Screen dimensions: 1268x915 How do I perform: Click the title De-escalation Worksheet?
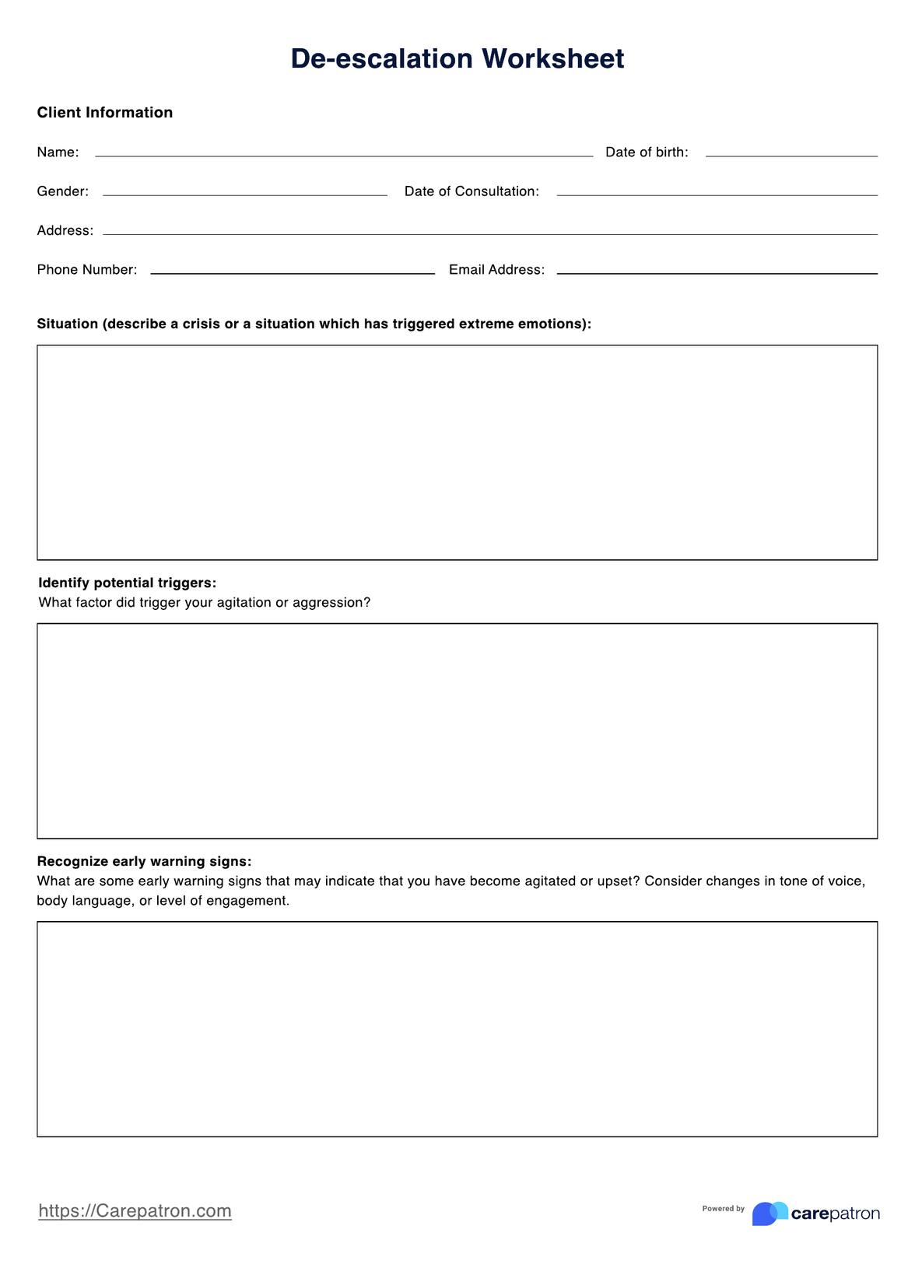point(457,59)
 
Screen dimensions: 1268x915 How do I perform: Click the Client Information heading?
point(105,113)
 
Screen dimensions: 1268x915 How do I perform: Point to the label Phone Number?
point(87,270)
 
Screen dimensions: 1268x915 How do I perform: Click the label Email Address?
point(496,270)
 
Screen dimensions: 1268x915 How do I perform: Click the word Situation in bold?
point(68,324)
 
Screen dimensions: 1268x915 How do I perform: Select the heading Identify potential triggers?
point(127,583)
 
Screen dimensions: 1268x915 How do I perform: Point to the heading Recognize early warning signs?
point(144,862)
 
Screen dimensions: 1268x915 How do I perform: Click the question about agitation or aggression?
point(204,603)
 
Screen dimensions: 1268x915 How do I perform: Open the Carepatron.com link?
point(135,1211)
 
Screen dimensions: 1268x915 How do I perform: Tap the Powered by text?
point(723,1209)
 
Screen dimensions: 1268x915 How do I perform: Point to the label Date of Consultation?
point(472,191)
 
